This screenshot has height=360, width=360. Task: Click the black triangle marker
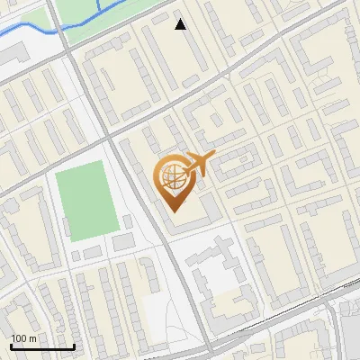click(181, 24)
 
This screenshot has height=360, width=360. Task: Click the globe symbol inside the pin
click(172, 176)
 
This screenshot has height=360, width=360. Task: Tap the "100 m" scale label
click(23, 338)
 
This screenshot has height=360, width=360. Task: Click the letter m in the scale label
click(32, 338)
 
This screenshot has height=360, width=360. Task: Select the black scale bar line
click(41, 346)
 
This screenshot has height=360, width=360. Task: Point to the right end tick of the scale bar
click(73, 345)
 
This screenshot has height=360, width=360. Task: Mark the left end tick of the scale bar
click(10, 345)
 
